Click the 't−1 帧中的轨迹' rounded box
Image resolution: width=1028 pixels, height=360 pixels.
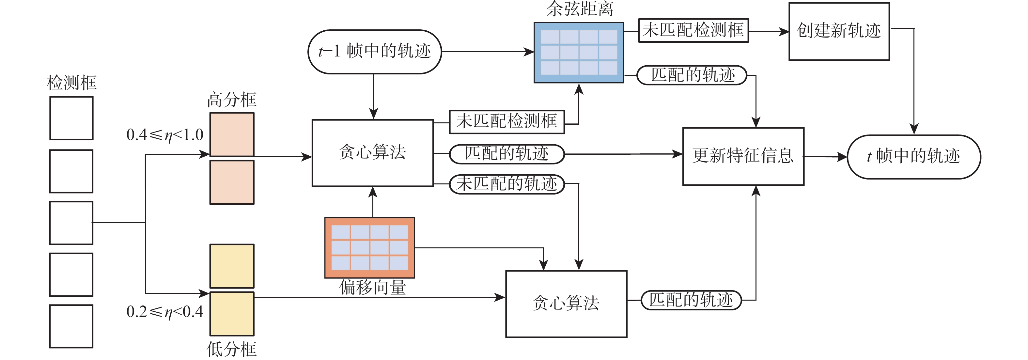(374, 52)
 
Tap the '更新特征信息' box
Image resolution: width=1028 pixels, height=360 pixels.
(743, 156)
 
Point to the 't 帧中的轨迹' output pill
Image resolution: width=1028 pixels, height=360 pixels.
(913, 156)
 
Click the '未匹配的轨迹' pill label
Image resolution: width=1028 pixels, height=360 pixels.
(506, 184)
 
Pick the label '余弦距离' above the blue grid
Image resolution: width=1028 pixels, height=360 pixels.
(580, 9)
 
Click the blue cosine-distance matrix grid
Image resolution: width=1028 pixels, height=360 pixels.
(579, 53)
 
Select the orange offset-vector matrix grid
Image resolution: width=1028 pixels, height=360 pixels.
(369, 247)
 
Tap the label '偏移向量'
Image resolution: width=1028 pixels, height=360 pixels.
(372, 287)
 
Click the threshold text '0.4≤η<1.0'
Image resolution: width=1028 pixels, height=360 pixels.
(165, 135)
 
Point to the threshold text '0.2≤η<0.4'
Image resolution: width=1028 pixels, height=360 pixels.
(165, 312)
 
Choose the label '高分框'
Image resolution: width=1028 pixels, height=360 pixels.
(231, 100)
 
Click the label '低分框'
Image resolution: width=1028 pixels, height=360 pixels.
(231, 349)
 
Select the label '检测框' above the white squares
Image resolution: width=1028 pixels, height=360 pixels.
(71, 83)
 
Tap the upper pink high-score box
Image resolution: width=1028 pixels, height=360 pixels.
(232, 134)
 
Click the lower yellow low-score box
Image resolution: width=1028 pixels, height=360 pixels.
(232, 314)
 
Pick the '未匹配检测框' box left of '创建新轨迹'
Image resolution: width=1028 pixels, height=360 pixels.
(693, 30)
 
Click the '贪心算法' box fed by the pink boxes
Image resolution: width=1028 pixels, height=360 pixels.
(372, 153)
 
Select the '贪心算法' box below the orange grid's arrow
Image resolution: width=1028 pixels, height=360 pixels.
(566, 304)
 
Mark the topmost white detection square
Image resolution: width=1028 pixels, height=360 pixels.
(71, 118)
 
